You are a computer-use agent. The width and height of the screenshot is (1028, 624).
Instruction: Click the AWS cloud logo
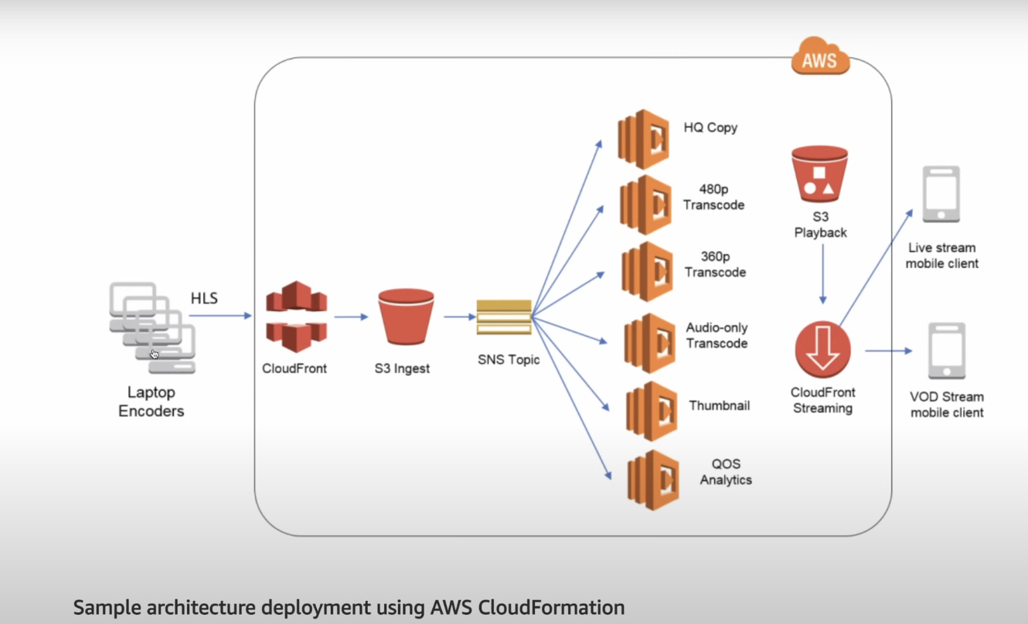click(820, 58)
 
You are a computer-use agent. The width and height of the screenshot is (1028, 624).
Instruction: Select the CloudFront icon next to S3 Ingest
click(296, 317)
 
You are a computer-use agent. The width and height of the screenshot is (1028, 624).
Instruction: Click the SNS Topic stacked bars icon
click(504, 317)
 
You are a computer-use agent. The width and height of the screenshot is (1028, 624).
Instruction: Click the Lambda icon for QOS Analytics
click(654, 480)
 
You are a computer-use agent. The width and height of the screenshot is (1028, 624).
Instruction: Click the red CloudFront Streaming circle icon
click(822, 350)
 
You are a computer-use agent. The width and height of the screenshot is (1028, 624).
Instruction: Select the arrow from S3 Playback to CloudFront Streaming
click(822, 274)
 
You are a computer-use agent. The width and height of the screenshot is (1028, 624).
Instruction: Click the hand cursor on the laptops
click(155, 354)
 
